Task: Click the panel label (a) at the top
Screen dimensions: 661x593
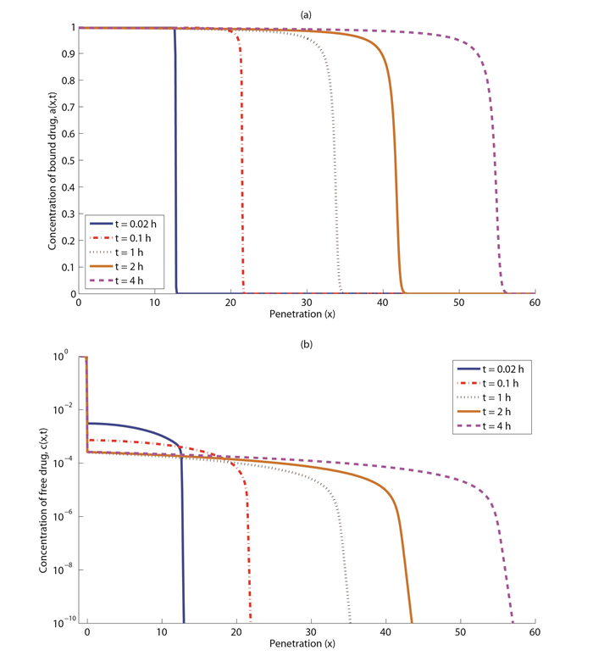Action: click(306, 13)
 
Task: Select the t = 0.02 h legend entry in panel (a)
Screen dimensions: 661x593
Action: click(126, 224)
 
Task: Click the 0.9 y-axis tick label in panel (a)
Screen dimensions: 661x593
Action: click(67, 53)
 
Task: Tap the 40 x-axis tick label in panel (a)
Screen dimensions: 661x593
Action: click(383, 303)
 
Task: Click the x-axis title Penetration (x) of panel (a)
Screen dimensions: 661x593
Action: click(306, 314)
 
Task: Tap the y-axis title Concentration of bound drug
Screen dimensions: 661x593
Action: click(52, 160)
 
